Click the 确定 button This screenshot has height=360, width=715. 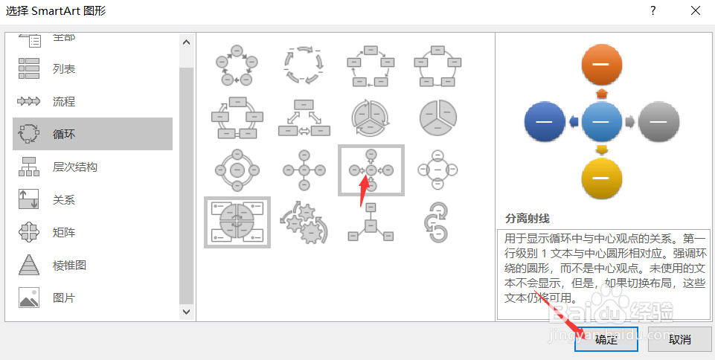click(x=606, y=339)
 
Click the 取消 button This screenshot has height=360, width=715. click(x=679, y=339)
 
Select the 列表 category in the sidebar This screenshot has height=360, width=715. click(x=64, y=69)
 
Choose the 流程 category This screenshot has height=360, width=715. click(x=64, y=102)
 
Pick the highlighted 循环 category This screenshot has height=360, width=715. click(x=64, y=135)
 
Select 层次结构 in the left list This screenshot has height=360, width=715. click(x=74, y=167)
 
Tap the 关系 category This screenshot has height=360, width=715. click(x=64, y=200)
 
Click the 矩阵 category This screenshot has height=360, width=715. click(x=64, y=233)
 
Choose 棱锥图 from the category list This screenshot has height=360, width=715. click(x=69, y=266)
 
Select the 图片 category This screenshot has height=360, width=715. click(x=64, y=298)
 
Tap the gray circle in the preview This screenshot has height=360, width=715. click(x=659, y=121)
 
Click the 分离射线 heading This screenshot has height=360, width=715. click(x=527, y=219)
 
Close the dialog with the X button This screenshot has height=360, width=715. click(x=695, y=11)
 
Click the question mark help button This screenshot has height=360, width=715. click(x=653, y=11)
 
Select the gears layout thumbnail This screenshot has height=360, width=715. click(x=304, y=222)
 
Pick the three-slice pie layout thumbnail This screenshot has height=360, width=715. click(x=438, y=115)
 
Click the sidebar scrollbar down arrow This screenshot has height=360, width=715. click(x=185, y=312)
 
